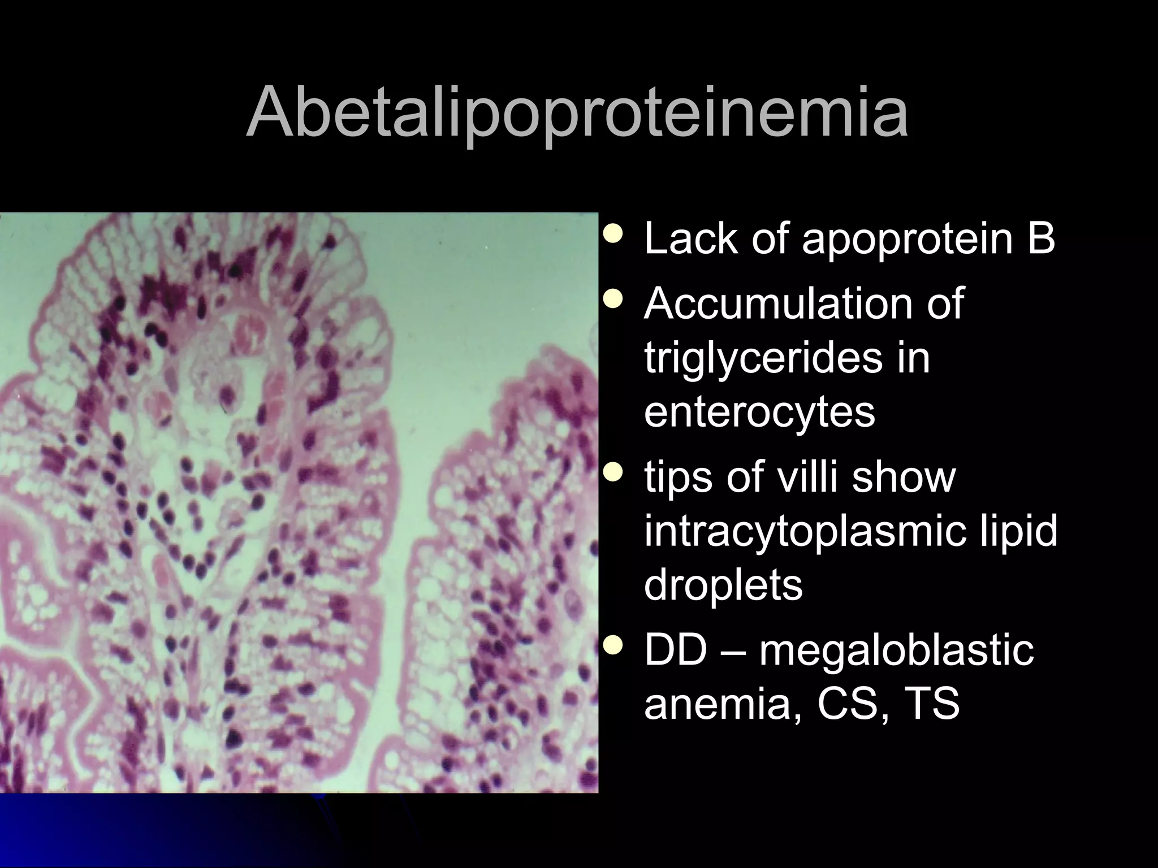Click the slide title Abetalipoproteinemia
coord(577,113)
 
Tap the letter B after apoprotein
coord(1040,238)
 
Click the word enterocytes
coord(759,413)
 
